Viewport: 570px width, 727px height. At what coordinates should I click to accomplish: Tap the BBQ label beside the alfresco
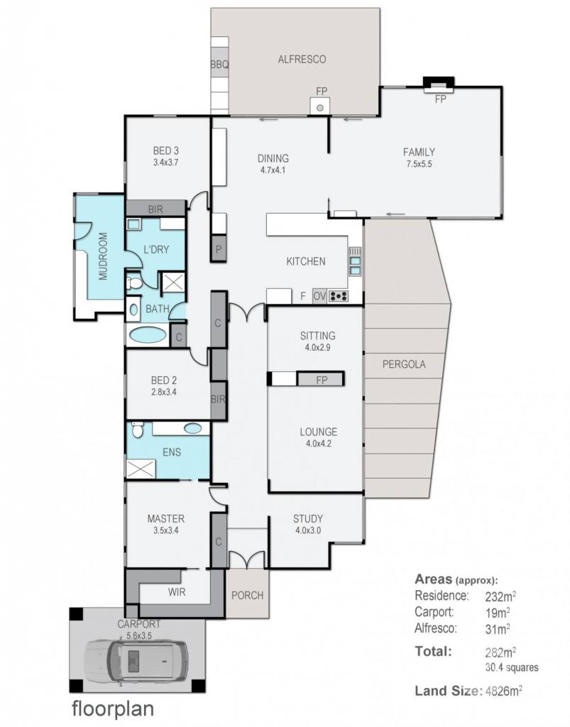click(x=219, y=65)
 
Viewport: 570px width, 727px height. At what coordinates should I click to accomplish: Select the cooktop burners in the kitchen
click(x=339, y=295)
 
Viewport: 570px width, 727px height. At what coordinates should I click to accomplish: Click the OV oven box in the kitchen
click(x=319, y=295)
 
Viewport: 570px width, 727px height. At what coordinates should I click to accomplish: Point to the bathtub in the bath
click(x=148, y=334)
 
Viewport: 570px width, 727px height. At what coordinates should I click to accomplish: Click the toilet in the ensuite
click(x=138, y=430)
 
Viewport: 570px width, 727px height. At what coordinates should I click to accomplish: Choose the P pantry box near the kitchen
click(x=218, y=249)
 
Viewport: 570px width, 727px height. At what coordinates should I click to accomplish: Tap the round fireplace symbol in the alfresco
click(x=319, y=108)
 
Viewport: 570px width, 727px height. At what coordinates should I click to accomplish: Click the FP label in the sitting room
click(x=322, y=381)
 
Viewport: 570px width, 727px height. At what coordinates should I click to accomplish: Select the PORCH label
click(x=247, y=595)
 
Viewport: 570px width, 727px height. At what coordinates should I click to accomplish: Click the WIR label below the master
click(x=177, y=591)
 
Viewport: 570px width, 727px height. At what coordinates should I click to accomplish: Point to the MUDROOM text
click(x=103, y=256)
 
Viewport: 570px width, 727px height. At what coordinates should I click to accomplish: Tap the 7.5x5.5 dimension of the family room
click(x=419, y=164)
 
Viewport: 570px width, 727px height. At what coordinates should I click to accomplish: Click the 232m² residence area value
click(x=500, y=596)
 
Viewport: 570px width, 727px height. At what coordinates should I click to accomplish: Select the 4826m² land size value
click(x=503, y=692)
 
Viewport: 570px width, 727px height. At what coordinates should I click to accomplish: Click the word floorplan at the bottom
click(x=113, y=709)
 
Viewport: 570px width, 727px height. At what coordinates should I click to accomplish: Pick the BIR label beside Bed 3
click(x=155, y=209)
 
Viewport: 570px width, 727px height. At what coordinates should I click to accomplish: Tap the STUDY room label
click(x=307, y=518)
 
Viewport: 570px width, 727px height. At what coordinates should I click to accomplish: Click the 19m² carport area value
click(x=498, y=613)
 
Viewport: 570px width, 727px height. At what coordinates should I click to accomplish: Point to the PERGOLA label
click(x=404, y=364)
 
